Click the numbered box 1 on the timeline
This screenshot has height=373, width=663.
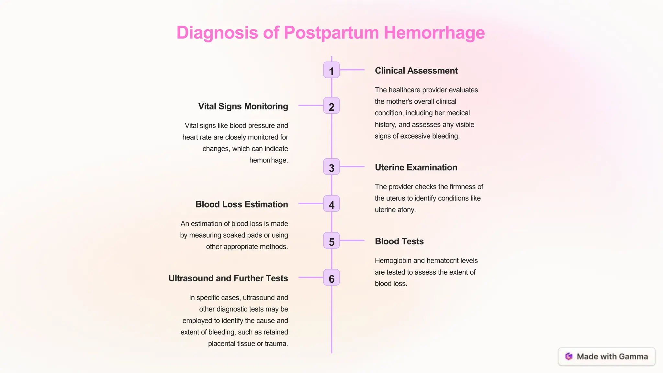pos(331,70)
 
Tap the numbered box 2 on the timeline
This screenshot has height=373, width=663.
pos(331,106)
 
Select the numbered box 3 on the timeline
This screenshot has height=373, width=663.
pos(331,167)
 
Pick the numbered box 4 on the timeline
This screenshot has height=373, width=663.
pos(331,204)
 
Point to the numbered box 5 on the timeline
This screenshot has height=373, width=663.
pos(331,241)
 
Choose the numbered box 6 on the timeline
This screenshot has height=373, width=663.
pos(331,277)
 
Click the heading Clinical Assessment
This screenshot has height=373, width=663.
pos(416,71)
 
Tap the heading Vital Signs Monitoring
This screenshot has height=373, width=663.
pos(243,106)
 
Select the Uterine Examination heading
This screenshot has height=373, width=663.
pos(416,167)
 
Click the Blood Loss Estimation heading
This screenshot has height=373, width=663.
pos(242,204)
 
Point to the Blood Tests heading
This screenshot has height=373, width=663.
pos(399,241)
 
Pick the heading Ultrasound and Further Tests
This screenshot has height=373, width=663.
pos(228,278)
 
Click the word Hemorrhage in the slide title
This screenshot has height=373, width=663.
pos(434,33)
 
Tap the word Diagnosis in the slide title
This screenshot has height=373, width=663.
pos(217,33)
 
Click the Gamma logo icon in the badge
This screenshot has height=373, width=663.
pos(569,356)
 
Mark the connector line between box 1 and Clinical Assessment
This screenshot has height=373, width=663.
pos(352,70)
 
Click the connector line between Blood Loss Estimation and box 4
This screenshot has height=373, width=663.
pos(311,203)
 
